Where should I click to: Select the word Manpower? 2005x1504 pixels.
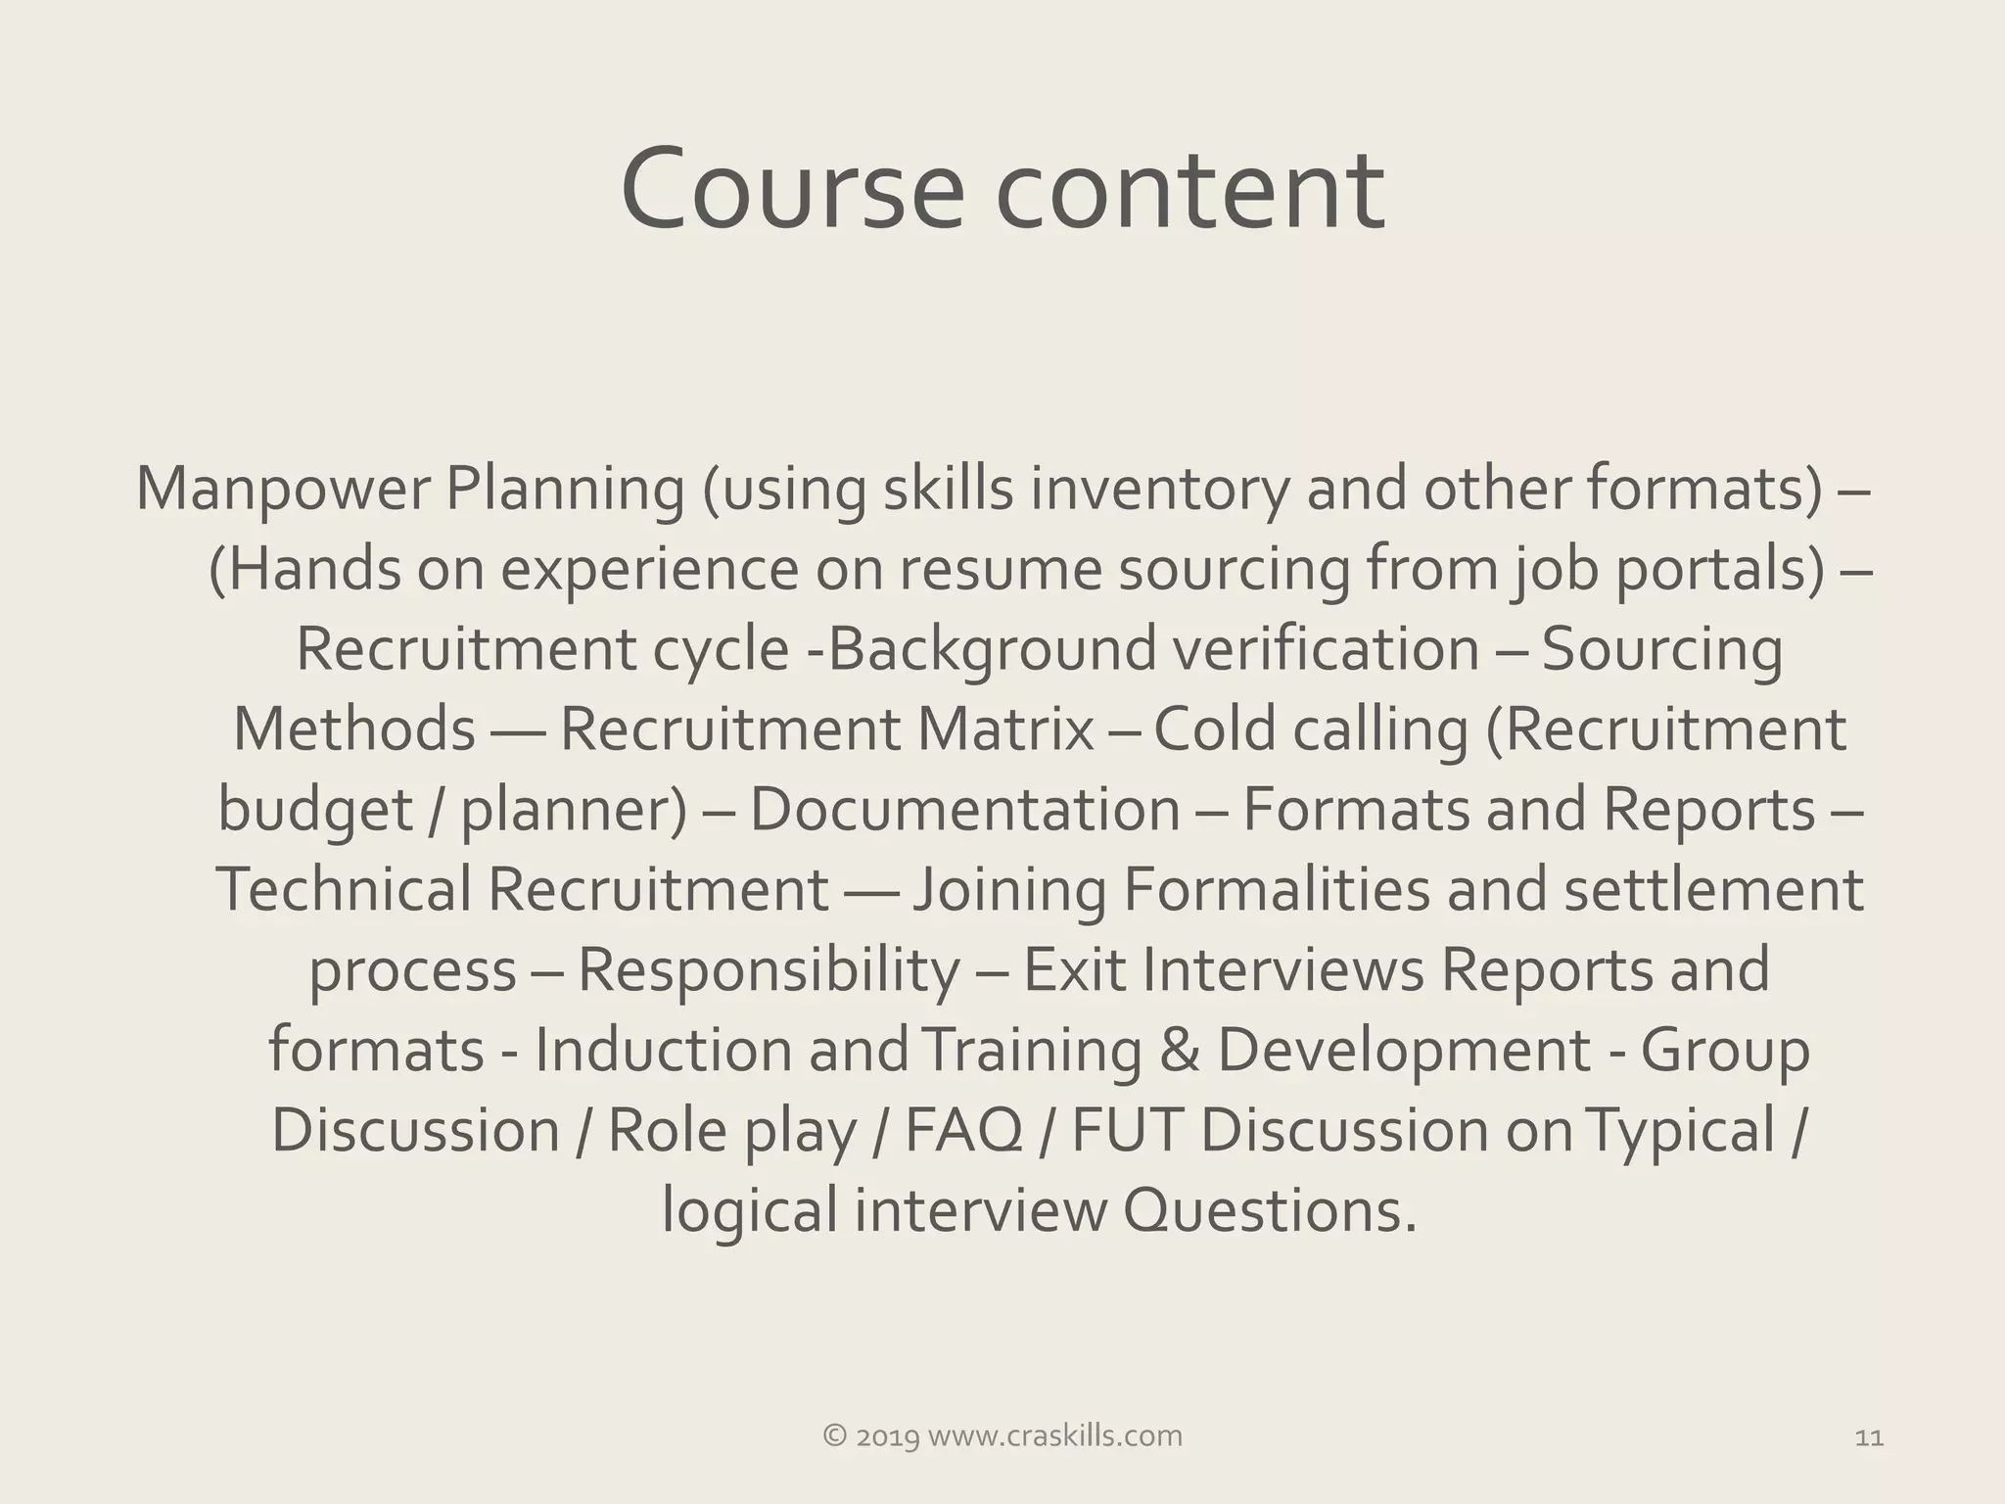pos(283,489)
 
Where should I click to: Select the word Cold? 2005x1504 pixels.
pos(1214,729)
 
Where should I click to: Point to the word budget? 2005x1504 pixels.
pos(315,811)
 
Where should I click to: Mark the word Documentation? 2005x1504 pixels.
pos(965,810)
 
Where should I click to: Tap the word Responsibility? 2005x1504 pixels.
pos(769,970)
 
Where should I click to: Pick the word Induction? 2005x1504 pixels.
pos(663,1051)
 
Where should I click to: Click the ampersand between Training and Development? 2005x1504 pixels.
pos(1179,1051)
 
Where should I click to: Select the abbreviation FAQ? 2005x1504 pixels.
pos(963,1131)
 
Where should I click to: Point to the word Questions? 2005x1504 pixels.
pos(1269,1211)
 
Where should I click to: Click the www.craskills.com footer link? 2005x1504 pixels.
pos(1054,1436)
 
